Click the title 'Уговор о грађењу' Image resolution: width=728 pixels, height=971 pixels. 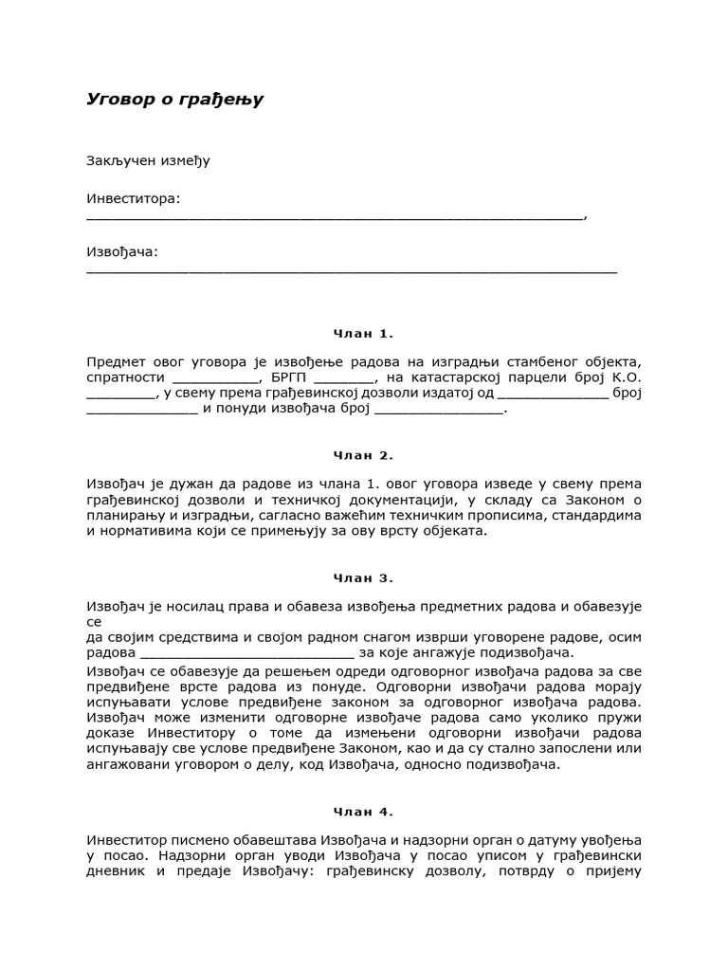[175, 100]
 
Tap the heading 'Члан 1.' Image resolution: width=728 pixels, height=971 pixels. [363, 334]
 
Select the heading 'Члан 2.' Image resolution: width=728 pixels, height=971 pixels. [363, 455]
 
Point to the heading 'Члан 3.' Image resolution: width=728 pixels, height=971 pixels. [363, 577]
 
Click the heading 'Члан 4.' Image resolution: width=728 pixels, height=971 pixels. [363, 812]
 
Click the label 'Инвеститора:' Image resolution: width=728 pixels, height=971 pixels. [133, 198]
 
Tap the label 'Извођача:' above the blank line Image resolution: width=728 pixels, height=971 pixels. [122, 251]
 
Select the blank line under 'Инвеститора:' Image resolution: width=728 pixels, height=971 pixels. [334, 216]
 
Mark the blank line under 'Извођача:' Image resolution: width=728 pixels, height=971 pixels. [351, 270]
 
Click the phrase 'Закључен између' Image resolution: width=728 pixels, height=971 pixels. [148, 160]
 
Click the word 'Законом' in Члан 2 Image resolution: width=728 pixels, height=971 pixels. [593, 500]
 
